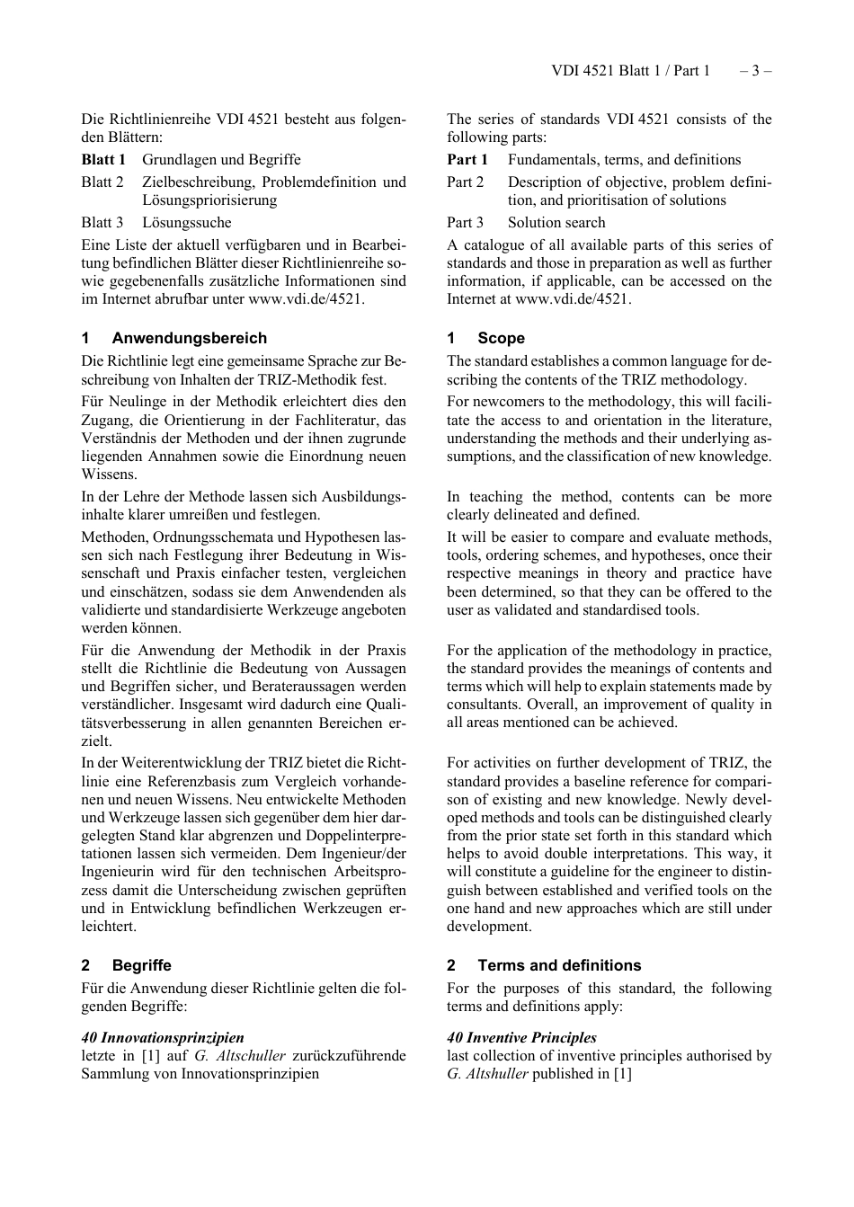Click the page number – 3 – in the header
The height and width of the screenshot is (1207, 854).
click(x=755, y=70)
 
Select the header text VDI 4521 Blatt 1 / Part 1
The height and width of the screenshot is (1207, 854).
click(x=630, y=70)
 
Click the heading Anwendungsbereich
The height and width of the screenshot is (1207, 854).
click(x=189, y=338)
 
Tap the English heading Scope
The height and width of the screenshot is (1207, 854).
click(x=501, y=338)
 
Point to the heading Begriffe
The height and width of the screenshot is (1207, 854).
click(x=141, y=965)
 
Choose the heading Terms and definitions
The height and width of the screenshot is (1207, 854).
click(x=559, y=965)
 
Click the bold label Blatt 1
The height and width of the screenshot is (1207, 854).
click(x=103, y=159)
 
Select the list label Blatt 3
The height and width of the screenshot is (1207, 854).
click(x=102, y=222)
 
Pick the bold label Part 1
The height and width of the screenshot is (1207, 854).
click(x=467, y=159)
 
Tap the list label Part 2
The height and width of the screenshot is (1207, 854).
click(x=466, y=182)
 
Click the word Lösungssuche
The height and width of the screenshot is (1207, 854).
click(x=187, y=222)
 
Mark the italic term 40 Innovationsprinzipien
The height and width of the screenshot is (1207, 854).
click(x=163, y=1037)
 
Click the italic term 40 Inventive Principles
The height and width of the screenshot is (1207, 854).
click(x=521, y=1037)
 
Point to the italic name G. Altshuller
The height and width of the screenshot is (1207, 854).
click(x=487, y=1073)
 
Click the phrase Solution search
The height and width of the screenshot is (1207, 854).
click(x=556, y=222)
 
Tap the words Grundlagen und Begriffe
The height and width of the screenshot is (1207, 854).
click(x=221, y=159)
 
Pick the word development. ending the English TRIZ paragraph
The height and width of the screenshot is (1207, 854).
click(x=489, y=926)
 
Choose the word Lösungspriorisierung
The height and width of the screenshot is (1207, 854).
click(x=209, y=200)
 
